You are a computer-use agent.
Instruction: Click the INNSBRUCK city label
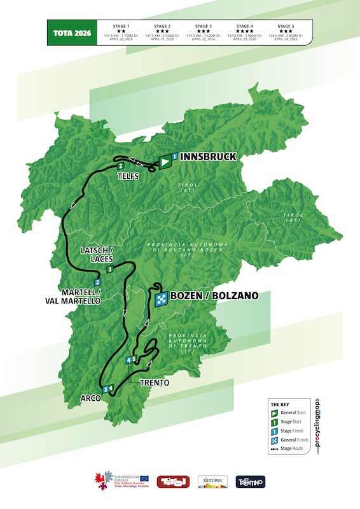pyautogui.click(x=209, y=157)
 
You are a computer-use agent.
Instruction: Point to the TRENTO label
pyautogui.click(x=154, y=383)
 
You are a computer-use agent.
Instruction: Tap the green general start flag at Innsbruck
pyautogui.click(x=165, y=163)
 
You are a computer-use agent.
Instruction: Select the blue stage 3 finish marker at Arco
pyautogui.click(x=104, y=389)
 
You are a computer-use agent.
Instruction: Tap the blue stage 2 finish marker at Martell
pyautogui.click(x=97, y=282)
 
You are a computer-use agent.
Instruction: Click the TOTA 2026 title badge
pyautogui.click(x=69, y=32)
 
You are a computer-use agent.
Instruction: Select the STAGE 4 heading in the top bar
pyautogui.click(x=245, y=26)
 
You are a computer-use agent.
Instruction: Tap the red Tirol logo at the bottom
pyautogui.click(x=173, y=482)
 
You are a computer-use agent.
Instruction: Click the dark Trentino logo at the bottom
pyautogui.click(x=250, y=482)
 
